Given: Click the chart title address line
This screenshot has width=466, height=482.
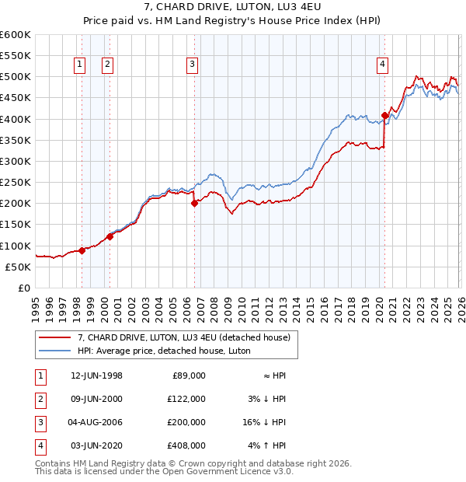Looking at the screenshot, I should pyautogui.click(x=233, y=7).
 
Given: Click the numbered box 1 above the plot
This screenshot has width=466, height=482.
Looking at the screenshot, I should pyautogui.click(x=80, y=65).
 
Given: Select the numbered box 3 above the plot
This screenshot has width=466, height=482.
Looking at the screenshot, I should pyautogui.click(x=192, y=65).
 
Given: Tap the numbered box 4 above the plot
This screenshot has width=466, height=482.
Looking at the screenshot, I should pyautogui.click(x=383, y=65).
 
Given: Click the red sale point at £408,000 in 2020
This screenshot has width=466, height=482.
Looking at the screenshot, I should pyautogui.click(x=384, y=116).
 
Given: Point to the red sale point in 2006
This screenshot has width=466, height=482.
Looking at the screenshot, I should pyautogui.click(x=195, y=204).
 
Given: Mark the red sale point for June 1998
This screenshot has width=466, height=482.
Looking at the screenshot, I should pyautogui.click(x=82, y=250).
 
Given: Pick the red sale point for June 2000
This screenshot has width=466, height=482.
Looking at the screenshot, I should pyautogui.click(x=110, y=236).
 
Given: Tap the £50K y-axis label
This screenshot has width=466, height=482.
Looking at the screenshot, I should pyautogui.click(x=18, y=267).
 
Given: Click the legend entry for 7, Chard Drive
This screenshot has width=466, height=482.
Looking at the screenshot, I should pyautogui.click(x=183, y=337).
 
